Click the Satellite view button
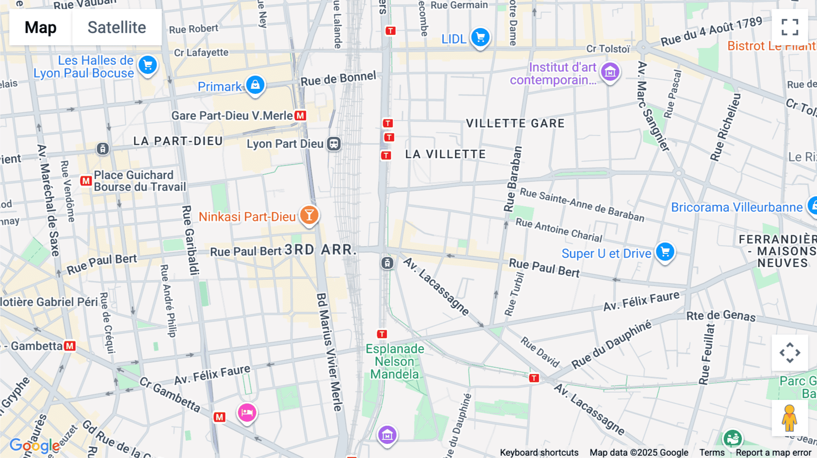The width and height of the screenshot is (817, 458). coord(117,27)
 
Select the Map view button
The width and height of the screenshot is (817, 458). coord(40,27)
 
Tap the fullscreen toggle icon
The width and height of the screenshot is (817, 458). coord(790,27)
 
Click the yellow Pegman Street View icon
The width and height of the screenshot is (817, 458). coord(789,418)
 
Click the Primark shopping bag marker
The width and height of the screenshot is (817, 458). coord(255,85)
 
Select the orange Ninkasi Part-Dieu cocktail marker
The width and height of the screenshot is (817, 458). coord(309,215)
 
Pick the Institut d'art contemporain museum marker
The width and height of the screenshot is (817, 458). coord(610,72)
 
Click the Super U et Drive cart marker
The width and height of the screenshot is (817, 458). coord(665,252)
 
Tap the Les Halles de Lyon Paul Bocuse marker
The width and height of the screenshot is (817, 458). coord(148,65)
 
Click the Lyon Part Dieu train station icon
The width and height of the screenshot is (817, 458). coord(334,144)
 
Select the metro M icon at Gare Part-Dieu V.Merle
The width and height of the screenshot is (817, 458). coord(300,116)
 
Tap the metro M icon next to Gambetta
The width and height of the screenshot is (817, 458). coord(69,346)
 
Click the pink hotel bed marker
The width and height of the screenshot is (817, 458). coord(247,413)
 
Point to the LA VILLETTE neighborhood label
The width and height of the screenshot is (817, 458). coord(445,155)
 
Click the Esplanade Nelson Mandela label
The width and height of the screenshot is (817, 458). coord(395,361)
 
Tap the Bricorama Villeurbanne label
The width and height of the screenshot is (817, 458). coord(737,208)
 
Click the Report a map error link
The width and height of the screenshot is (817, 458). coord(773,453)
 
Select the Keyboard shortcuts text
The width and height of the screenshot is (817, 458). coord(539,453)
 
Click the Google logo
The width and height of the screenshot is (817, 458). coord(34,446)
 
